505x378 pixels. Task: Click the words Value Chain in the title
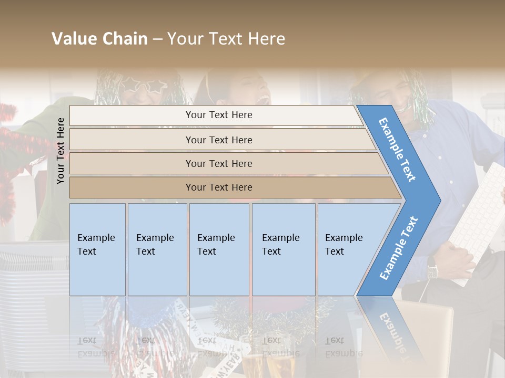tap(99, 39)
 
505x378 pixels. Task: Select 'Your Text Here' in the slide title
tap(226, 39)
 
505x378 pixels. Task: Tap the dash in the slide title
tap(157, 39)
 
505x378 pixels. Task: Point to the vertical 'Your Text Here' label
tap(60, 151)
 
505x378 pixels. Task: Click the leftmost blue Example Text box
tap(97, 249)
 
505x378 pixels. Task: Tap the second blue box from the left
tap(157, 249)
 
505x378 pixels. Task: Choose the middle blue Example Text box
tap(219, 249)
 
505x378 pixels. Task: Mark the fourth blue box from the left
tap(284, 249)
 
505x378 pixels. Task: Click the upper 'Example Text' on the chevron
tap(398, 150)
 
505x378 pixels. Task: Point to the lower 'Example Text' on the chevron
tap(399, 248)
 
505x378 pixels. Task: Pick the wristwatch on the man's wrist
tap(432, 270)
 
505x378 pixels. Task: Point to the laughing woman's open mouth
tap(262, 99)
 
